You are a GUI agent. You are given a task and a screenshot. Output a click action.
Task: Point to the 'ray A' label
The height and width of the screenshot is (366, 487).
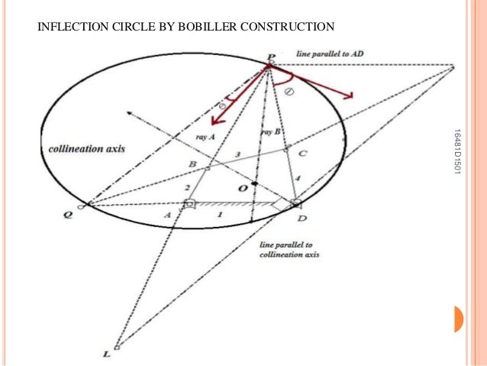(208, 136)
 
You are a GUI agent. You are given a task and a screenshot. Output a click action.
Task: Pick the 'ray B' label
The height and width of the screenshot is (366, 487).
(273, 131)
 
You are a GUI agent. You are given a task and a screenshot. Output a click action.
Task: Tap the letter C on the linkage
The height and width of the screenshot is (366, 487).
(303, 153)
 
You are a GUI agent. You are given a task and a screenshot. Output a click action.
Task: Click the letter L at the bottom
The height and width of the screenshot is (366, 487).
(106, 354)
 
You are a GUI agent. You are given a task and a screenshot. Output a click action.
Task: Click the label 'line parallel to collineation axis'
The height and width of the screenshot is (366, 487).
(285, 249)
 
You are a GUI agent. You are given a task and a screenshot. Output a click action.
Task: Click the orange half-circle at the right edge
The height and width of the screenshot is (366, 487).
(459, 319)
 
